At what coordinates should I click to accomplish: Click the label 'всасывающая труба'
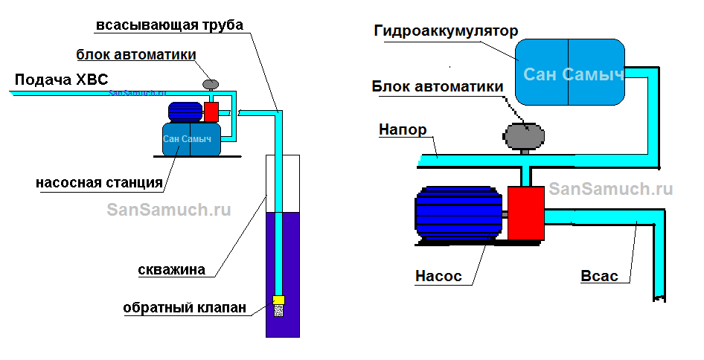point(169,25)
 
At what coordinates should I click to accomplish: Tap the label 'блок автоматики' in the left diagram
point(136,55)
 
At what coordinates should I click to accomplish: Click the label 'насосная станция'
point(99,182)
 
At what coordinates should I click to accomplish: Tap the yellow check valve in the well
point(278,300)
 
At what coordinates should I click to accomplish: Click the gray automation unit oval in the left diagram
point(211,84)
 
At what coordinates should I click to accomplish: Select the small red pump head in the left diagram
point(211,112)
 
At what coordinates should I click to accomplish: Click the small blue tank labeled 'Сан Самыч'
point(191,139)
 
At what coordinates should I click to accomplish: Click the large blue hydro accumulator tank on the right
point(570,72)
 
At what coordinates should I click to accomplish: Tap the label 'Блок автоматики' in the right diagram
point(438,86)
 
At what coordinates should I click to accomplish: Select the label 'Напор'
point(403,130)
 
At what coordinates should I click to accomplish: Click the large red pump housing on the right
point(527,213)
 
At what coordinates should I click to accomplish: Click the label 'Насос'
point(438,276)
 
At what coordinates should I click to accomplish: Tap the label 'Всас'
point(599,276)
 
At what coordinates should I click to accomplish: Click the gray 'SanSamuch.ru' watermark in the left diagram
point(169,209)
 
